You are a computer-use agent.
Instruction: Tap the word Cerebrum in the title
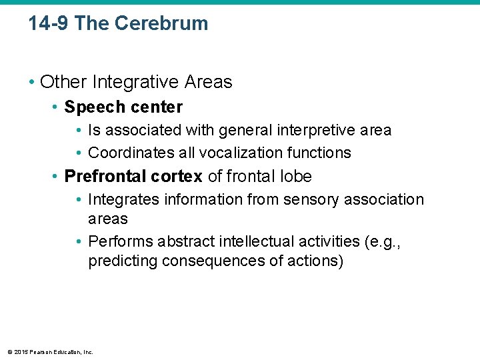(161, 24)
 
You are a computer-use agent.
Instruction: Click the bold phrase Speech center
(123, 107)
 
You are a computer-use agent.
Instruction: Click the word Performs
(117, 241)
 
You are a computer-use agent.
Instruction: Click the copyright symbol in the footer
(9, 352)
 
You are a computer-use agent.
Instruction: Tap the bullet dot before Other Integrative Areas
(32, 83)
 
